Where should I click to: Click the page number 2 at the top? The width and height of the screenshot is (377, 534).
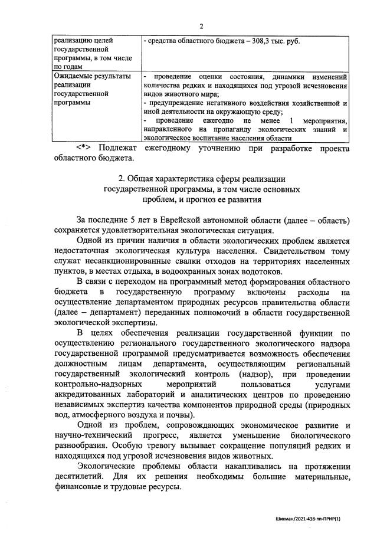[x=201, y=26]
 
